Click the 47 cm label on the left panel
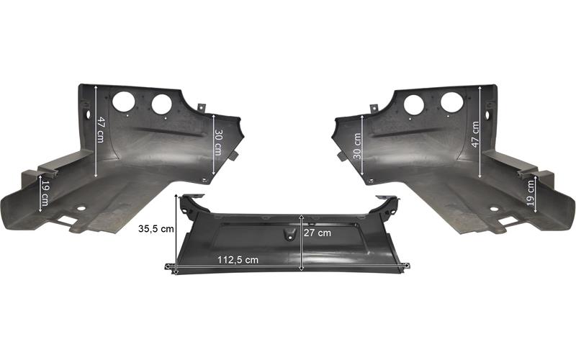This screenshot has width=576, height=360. pos(100,130)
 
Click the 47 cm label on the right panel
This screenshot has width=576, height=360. pos(475,135)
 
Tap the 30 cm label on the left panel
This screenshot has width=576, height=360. pos(218,143)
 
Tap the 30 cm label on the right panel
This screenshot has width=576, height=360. pos(357,146)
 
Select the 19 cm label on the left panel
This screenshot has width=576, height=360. pos(45,193)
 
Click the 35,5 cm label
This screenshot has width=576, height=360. pos(156,229)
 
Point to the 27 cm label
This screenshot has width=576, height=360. pos(318,233)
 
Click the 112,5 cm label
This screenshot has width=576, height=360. pos(238,260)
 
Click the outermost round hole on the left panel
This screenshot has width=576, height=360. pos(123,102)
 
